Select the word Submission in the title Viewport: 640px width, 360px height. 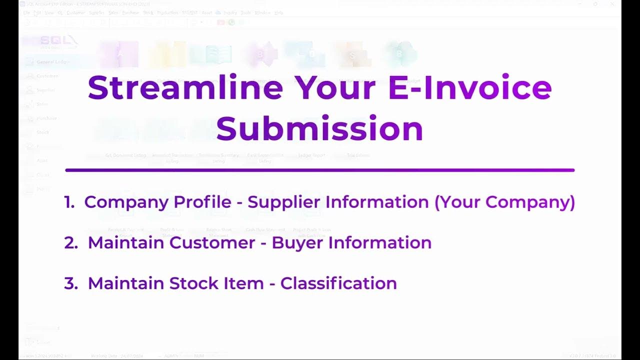(x=319, y=129)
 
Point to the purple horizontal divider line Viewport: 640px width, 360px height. (x=319, y=170)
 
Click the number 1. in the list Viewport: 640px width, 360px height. (x=69, y=202)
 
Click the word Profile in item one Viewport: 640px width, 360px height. (x=203, y=202)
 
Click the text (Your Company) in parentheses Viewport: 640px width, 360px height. (x=504, y=202)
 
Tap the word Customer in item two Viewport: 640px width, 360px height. (x=212, y=243)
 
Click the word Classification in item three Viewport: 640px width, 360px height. (x=338, y=283)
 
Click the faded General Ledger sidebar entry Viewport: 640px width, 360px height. (x=52, y=62)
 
